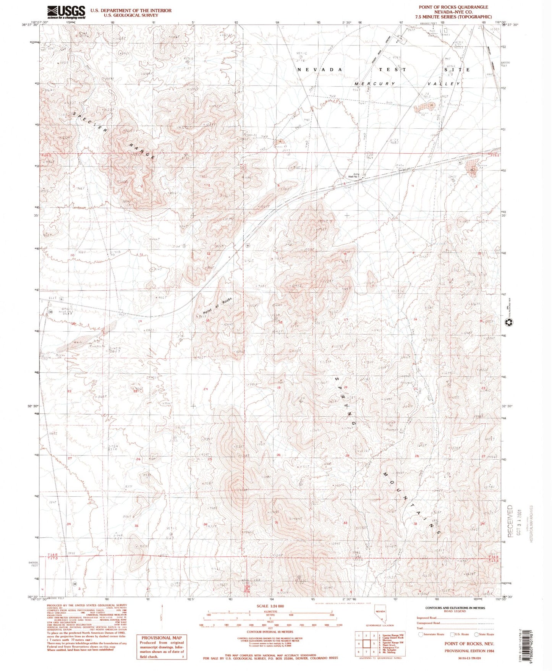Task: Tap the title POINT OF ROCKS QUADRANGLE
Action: point(453,7)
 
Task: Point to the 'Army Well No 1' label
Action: point(353,175)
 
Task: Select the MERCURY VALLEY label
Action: point(407,84)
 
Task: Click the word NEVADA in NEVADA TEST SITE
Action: point(319,70)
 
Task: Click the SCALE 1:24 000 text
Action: point(270,606)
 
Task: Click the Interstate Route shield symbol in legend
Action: point(422,634)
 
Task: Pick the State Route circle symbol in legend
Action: point(476,634)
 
